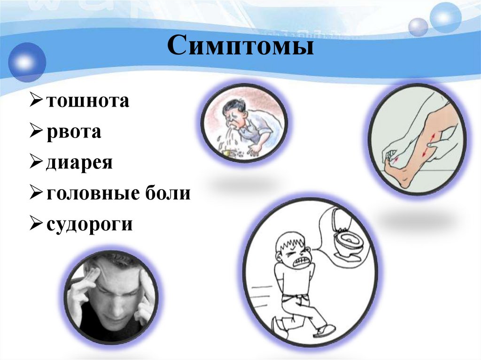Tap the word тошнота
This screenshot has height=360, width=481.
(87, 100)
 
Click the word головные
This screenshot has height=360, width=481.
(94, 193)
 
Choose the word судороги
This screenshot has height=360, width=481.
(89, 224)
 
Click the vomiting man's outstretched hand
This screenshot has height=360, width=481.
(253, 150)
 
